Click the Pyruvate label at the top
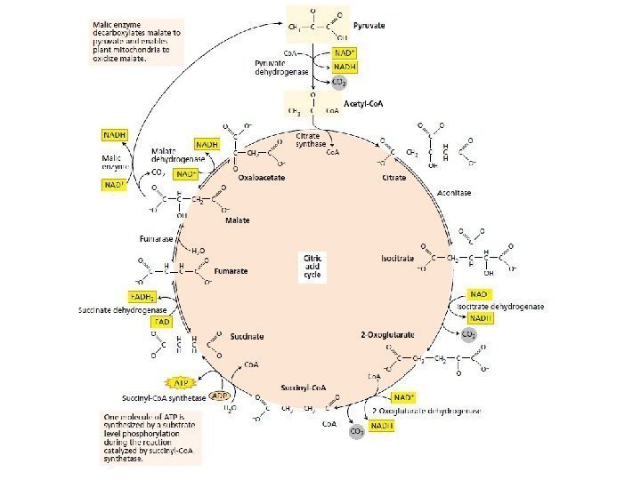(369, 27)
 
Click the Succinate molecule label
(247, 337)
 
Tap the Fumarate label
(231, 270)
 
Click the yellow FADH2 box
(143, 296)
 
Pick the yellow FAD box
(162, 321)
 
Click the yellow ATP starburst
(182, 383)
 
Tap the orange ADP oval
(221, 397)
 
